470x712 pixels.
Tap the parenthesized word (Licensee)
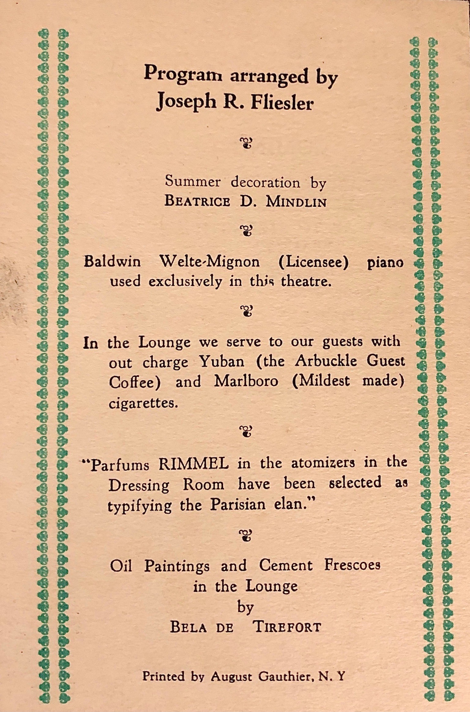[313, 262]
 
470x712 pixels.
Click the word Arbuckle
[326, 362]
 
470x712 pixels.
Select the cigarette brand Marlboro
[246, 382]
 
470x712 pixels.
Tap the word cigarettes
[143, 403]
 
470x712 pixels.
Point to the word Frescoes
[352, 565]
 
